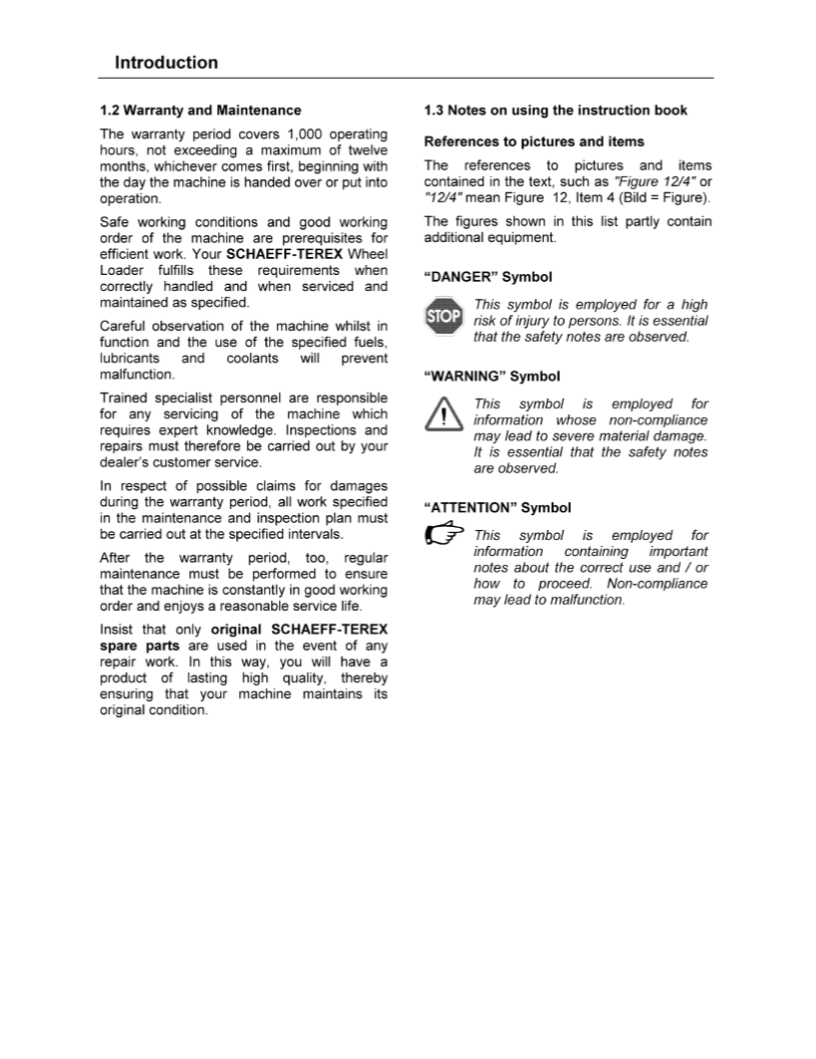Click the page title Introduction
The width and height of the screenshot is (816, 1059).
tap(166, 63)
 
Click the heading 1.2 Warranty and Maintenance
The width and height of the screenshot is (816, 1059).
tap(200, 110)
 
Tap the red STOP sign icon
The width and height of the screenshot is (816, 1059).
tap(443, 318)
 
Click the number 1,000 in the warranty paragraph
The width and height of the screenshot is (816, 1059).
tap(308, 134)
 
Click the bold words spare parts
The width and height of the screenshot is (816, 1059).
tap(134, 647)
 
